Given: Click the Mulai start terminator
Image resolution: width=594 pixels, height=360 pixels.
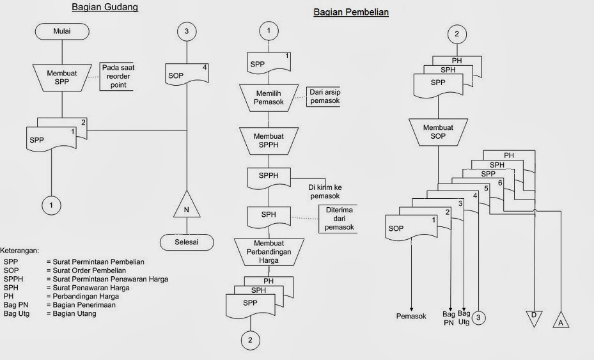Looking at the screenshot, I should click(61, 30).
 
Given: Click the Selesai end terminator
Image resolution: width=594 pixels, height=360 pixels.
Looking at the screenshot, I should click(186, 242).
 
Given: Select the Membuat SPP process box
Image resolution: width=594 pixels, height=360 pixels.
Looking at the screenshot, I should click(61, 77).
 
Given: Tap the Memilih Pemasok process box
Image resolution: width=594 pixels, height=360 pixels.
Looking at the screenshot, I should click(269, 97).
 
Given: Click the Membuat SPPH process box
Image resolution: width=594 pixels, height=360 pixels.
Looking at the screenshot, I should click(269, 141).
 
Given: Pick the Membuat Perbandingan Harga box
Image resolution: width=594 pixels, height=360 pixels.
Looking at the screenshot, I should click(269, 251).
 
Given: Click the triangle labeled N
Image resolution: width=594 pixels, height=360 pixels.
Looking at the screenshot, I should click(186, 205).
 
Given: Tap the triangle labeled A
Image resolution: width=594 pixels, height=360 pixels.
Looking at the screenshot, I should click(561, 319).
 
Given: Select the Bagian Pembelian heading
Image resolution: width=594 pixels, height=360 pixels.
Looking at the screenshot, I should click(350, 12).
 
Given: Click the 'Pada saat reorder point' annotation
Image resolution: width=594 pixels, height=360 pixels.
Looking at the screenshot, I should click(117, 76).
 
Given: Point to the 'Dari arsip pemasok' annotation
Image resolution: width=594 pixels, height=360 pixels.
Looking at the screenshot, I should click(324, 97).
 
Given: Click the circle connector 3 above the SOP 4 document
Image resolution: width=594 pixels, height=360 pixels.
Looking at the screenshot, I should click(186, 30).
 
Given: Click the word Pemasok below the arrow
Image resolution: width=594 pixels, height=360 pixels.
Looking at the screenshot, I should click(410, 317).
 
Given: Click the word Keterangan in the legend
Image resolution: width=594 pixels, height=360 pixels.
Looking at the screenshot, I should click(20, 250).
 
